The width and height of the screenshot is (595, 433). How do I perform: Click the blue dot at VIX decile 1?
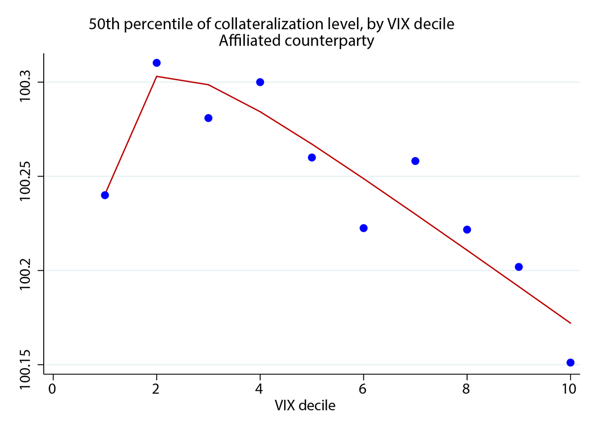105,195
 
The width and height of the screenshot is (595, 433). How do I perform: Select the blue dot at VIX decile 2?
157,63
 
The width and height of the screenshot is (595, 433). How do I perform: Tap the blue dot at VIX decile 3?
208,118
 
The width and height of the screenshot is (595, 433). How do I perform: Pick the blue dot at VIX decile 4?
260,82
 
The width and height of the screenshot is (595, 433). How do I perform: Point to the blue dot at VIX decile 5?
312,157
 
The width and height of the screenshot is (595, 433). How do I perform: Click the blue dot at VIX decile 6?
363,228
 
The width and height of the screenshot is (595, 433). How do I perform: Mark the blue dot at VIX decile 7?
416,161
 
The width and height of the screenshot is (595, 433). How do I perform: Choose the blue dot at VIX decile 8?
467,230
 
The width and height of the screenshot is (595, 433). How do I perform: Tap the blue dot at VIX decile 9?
519,267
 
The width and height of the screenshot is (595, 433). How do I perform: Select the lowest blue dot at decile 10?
570,363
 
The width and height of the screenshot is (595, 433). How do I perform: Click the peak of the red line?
157,76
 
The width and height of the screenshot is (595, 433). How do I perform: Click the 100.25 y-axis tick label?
25,176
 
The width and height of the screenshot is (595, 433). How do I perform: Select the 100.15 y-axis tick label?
25,365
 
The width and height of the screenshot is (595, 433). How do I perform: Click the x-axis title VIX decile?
305,406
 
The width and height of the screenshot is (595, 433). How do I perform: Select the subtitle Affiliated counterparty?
296,41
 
